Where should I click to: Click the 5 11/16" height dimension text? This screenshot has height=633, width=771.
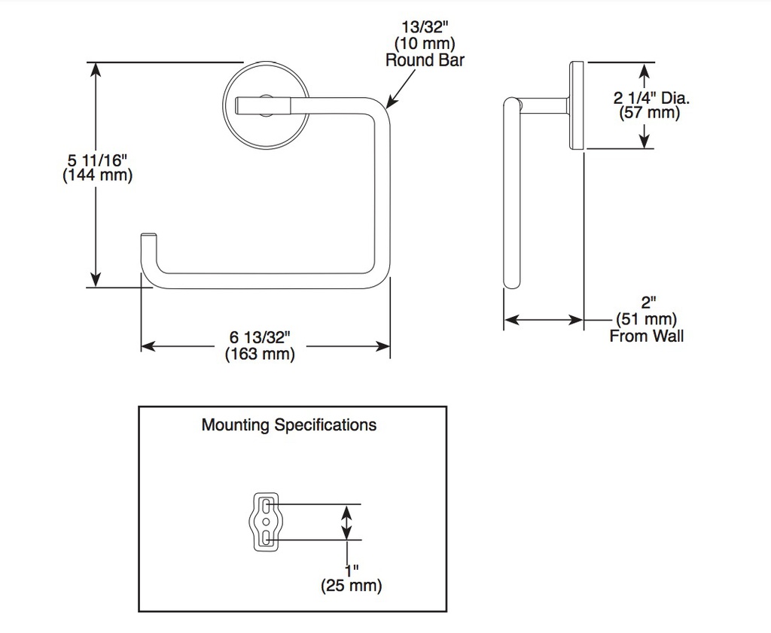(98, 160)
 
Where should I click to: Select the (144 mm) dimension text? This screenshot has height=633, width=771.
(97, 175)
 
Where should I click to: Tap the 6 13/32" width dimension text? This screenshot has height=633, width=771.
(260, 337)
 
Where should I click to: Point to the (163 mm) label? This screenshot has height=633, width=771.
(260, 353)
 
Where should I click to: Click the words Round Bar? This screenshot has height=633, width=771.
(425, 60)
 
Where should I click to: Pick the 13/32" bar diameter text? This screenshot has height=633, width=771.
(425, 27)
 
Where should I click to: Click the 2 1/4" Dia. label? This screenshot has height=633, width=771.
(651, 98)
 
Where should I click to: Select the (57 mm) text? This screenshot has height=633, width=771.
(650, 113)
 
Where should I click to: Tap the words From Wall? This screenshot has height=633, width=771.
(647, 336)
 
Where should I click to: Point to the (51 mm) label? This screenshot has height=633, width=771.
(647, 319)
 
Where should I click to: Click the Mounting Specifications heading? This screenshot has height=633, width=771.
(289, 425)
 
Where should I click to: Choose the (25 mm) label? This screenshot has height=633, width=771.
(351, 586)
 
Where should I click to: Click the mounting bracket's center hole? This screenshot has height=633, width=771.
(266, 521)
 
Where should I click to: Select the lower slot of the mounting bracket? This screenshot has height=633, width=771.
(266, 537)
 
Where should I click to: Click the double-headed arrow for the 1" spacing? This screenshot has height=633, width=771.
(346, 522)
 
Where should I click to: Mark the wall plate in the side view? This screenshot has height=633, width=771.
(577, 105)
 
